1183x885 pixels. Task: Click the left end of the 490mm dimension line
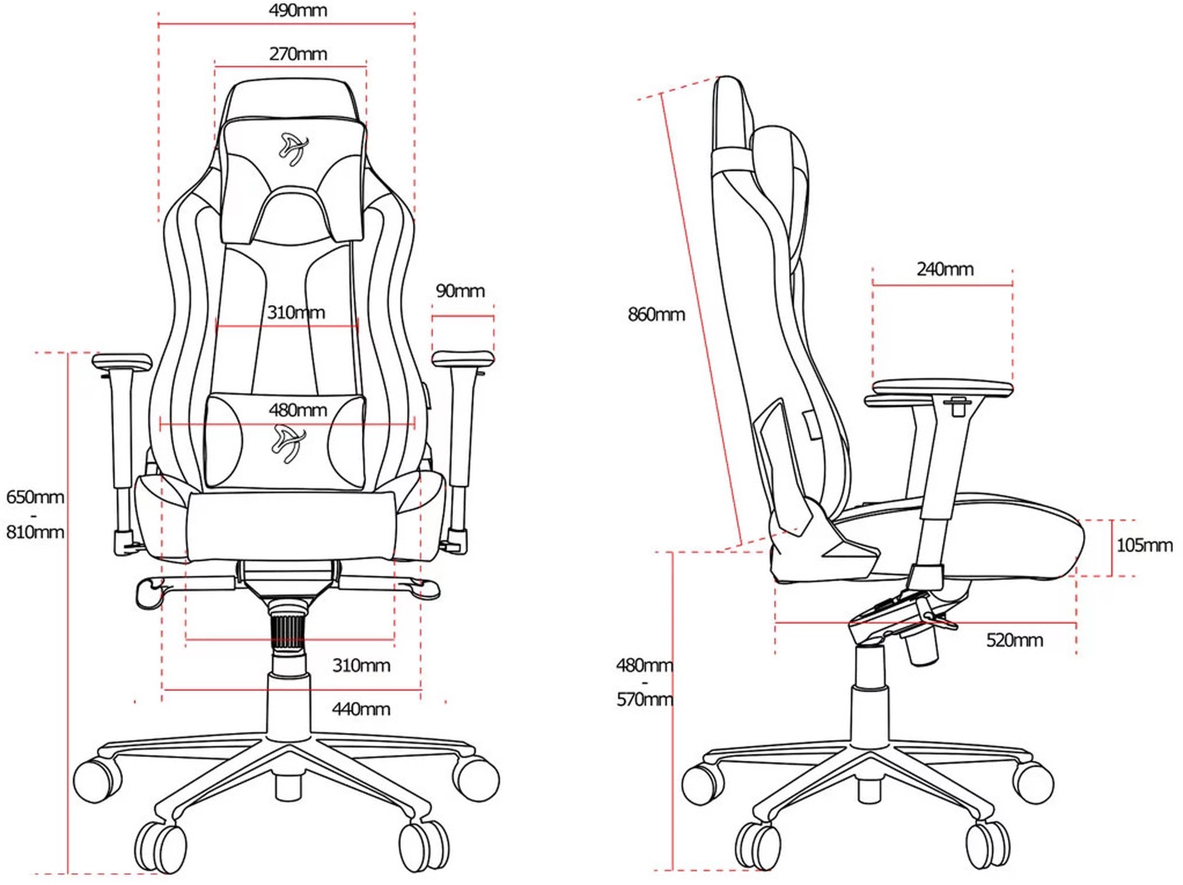[x=159, y=24]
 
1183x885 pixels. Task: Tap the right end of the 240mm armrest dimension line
[x=1012, y=285]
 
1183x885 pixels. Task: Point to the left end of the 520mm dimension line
[x=775, y=623]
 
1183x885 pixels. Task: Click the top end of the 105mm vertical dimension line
[x=1112, y=520]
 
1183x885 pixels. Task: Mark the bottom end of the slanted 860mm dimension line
[x=741, y=544]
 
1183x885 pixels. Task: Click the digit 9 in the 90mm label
[x=441, y=291]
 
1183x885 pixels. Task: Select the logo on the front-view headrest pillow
[x=293, y=148]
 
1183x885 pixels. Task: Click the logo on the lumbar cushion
[x=289, y=444]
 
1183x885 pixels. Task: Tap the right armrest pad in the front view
[x=463, y=358]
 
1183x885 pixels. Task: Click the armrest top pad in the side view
[x=942, y=388]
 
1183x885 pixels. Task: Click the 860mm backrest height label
[x=657, y=315]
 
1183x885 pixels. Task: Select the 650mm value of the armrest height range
[x=35, y=497]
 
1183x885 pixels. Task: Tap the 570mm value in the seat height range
[x=645, y=700]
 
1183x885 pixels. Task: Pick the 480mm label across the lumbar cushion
[x=298, y=410]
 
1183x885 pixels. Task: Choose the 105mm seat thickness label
[x=1145, y=545]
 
